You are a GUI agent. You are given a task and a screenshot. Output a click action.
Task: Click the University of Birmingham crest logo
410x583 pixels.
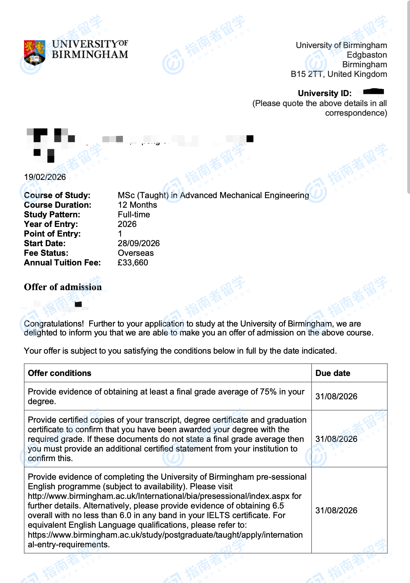click(x=34, y=52)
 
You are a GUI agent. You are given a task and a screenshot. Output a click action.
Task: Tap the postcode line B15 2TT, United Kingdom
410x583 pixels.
click(x=339, y=74)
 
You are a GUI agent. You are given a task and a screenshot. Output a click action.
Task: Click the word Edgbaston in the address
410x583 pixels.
click(x=366, y=55)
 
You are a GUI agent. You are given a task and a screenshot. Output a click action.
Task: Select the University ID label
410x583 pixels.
click(x=324, y=93)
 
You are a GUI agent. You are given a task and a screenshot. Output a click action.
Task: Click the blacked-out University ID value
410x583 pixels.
click(x=373, y=92)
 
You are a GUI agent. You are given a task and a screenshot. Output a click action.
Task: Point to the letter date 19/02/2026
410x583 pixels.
click(x=45, y=177)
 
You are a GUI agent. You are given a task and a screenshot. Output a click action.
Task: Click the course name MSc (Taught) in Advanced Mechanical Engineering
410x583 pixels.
click(x=213, y=195)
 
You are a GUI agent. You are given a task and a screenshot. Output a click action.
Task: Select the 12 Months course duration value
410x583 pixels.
click(x=137, y=205)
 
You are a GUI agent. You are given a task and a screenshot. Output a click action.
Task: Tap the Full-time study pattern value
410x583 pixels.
click(x=134, y=215)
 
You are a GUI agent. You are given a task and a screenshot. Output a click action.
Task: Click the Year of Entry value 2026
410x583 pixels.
click(x=127, y=224)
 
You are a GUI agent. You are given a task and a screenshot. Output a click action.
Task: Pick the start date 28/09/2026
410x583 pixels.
click(x=139, y=243)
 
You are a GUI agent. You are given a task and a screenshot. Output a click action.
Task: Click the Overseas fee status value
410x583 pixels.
click(x=136, y=253)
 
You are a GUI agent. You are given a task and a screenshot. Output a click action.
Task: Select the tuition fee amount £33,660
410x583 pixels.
click(x=133, y=263)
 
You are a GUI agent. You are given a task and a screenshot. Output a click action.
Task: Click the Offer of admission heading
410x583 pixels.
click(x=63, y=287)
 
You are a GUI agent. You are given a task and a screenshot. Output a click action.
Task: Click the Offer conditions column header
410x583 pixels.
click(x=60, y=373)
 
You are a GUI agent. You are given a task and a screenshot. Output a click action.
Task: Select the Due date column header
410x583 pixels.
click(x=333, y=373)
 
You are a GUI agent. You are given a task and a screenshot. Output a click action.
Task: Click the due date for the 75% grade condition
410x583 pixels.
click(x=336, y=397)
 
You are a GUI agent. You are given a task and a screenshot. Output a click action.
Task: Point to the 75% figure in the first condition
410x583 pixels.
click(x=268, y=392)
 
